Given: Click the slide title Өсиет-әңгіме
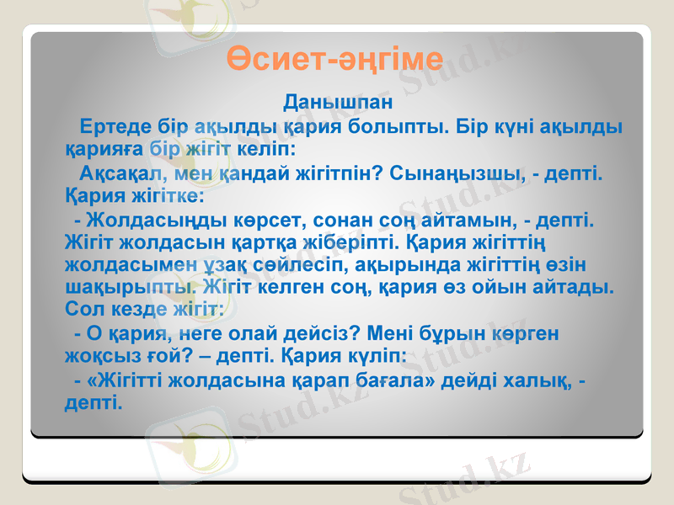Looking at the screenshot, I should pyautogui.click(x=336, y=61).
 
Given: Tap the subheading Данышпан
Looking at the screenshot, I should pyautogui.click(x=337, y=104).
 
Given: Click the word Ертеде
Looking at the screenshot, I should pyautogui.click(x=116, y=128).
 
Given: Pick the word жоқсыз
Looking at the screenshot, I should pyautogui.click(x=97, y=357).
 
